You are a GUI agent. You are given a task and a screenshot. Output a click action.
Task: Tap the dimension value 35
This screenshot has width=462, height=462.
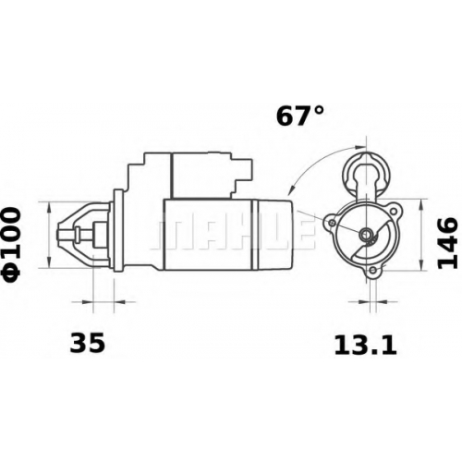coord(88,343)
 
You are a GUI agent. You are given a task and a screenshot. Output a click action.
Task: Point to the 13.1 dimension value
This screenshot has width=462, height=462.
coord(365,345)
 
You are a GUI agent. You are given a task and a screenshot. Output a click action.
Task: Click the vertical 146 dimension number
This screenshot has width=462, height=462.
coord(446,243)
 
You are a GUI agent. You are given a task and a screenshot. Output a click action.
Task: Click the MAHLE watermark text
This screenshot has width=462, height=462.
coord(233,233)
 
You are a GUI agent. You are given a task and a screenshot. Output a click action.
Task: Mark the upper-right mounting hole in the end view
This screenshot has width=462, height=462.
coord(394,212)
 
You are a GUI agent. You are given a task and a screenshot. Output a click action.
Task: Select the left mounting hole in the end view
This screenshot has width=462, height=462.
coord(332,223)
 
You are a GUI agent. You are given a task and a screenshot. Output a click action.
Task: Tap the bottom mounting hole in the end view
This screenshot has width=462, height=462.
coord(373,271)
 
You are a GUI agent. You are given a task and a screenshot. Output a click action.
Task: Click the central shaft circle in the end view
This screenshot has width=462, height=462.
coord(367,235)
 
